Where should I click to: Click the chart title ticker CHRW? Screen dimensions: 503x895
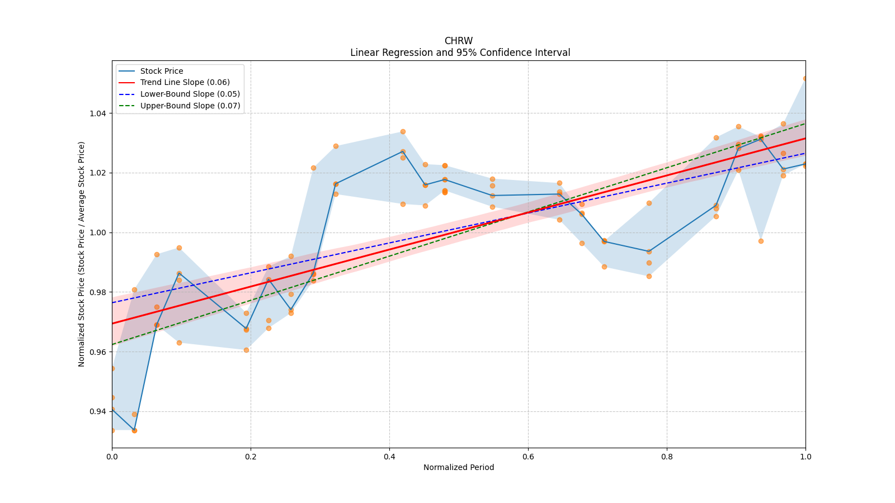tap(458, 41)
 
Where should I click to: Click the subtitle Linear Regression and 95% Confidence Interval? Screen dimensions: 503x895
tap(460, 53)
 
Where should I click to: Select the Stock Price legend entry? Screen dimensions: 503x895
tap(161, 71)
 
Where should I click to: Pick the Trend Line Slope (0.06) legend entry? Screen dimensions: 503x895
tap(185, 83)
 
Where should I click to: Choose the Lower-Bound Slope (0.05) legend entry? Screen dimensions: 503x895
tap(190, 94)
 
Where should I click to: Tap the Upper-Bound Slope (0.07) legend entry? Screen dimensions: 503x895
tap(190, 106)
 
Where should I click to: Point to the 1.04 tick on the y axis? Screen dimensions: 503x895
tap(98, 113)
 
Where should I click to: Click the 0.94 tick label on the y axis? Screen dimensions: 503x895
tap(98, 412)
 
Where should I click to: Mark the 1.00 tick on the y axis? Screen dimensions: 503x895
tap(98, 232)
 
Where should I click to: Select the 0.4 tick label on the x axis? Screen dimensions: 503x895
tap(389, 457)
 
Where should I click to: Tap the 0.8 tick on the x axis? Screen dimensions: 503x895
tap(667, 457)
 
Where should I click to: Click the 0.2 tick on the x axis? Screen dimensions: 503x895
tap(251, 457)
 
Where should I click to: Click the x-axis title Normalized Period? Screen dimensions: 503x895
tap(458, 468)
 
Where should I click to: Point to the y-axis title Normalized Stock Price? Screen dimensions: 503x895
tap(82, 254)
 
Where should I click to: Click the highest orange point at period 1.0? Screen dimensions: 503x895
tap(805, 78)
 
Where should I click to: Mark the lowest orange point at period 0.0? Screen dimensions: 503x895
tap(112, 430)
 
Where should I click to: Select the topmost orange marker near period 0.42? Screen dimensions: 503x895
tap(403, 132)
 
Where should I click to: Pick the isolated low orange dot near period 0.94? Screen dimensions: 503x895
tap(761, 241)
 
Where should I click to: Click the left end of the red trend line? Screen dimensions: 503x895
tap(112, 323)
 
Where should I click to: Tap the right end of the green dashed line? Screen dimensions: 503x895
tap(805, 123)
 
